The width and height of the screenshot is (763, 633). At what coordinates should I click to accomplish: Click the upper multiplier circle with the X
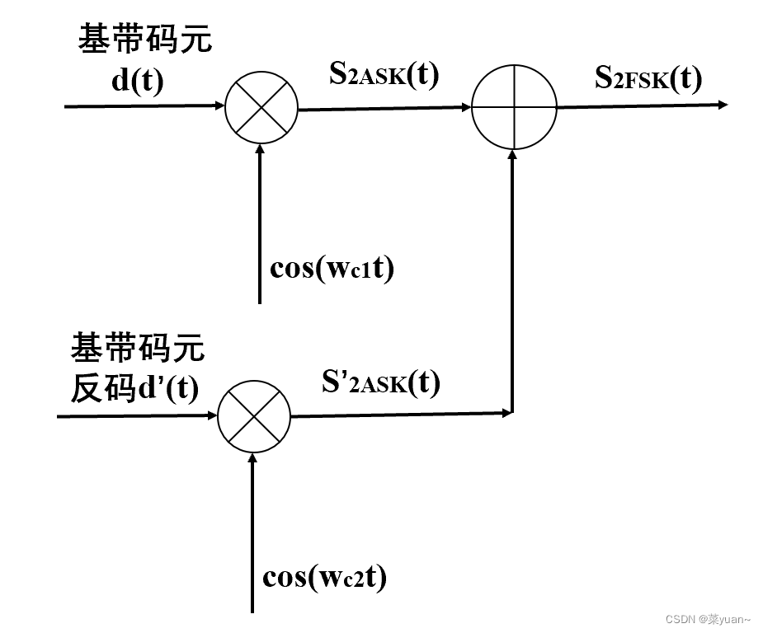[x=261, y=107]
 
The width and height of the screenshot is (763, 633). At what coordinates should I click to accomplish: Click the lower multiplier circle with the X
[x=254, y=416]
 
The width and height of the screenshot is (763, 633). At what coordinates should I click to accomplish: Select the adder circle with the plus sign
[x=514, y=107]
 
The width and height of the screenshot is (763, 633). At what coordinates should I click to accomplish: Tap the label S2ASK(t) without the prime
[x=384, y=75]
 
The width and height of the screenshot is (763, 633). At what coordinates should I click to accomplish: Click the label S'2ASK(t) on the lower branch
[x=381, y=382]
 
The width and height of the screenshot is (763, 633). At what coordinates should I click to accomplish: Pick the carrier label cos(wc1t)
[x=332, y=269]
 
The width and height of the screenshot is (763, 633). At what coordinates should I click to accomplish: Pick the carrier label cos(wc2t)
[x=325, y=578]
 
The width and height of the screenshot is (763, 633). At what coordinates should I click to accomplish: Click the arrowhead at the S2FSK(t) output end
[x=723, y=105]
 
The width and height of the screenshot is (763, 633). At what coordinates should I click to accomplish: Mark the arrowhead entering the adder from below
[x=514, y=156]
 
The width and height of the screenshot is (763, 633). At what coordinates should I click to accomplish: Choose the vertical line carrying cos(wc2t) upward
[x=253, y=536]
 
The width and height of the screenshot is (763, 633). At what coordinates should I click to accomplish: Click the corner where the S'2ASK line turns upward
[x=513, y=412]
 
